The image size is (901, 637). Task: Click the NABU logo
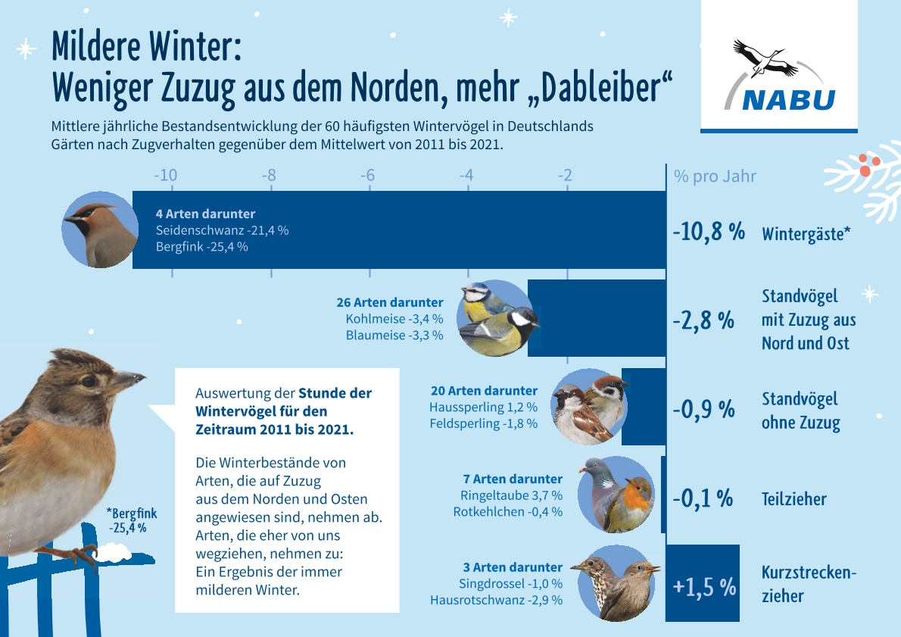[778, 76]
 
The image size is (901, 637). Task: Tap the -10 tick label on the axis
[165, 176]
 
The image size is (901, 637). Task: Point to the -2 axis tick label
[566, 176]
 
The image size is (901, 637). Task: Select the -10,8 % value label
[709, 232]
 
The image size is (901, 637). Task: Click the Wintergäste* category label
[806, 234]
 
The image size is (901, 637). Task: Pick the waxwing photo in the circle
[99, 230]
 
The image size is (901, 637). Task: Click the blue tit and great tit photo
[500, 318]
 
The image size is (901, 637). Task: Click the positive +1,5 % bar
[703, 583]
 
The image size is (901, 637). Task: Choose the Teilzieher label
[793, 499]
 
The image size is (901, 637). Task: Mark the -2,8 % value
[703, 320]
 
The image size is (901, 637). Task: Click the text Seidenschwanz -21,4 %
[222, 230]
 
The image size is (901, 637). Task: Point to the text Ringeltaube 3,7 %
[511, 495]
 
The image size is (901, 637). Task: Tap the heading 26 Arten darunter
[389, 302]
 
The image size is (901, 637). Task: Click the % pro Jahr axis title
[715, 176]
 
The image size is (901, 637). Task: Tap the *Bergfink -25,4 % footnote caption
[132, 521]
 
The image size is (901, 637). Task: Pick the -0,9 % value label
[703, 409]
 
